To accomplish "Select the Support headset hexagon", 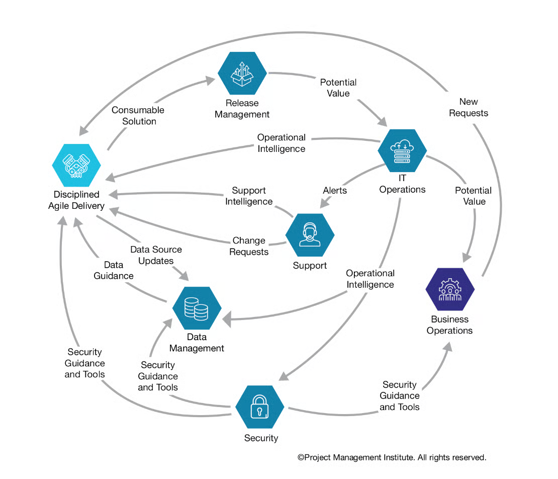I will coord(310,235).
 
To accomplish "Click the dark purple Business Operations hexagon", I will coord(449,290).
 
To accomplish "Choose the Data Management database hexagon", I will coord(197,308).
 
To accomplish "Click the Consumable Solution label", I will coord(138,116).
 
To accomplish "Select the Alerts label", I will coord(335,191).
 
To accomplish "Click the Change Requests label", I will coord(249,247).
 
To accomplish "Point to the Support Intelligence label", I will coord(249,196).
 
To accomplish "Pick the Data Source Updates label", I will coord(156,255).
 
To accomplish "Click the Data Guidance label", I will coord(114,270).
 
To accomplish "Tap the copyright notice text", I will coord(392,457).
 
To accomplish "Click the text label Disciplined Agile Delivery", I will coord(76,200).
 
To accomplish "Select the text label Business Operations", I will coord(449,325).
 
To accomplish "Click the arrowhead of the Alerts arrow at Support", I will coord(324,203).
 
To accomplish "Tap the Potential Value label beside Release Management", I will coord(338,88).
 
